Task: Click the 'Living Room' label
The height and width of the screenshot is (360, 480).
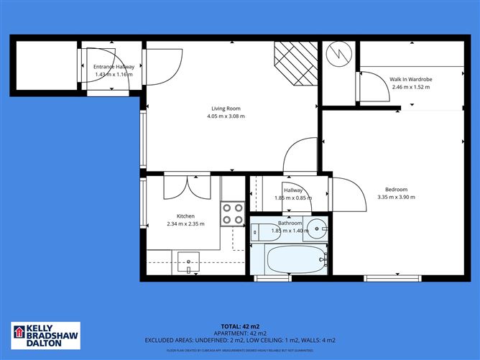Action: pyautogui.click(x=225, y=109)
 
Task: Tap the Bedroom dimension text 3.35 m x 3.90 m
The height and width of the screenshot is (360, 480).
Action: pyautogui.click(x=397, y=197)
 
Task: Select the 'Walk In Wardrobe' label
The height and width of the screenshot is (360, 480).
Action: pyautogui.click(x=410, y=80)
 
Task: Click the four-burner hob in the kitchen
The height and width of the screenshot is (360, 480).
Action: pyautogui.click(x=233, y=214)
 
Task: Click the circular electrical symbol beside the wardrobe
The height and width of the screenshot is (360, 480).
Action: pyautogui.click(x=337, y=55)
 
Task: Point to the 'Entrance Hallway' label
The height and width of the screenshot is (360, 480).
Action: pyautogui.click(x=114, y=67)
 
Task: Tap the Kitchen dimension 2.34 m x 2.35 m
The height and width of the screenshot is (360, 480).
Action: pyautogui.click(x=185, y=223)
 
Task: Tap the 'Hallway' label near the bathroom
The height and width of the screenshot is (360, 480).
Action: pyautogui.click(x=292, y=190)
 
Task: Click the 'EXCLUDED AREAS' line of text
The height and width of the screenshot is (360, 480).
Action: pyautogui.click(x=239, y=340)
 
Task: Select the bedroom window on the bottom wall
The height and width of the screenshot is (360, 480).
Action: pyautogui.click(x=389, y=277)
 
